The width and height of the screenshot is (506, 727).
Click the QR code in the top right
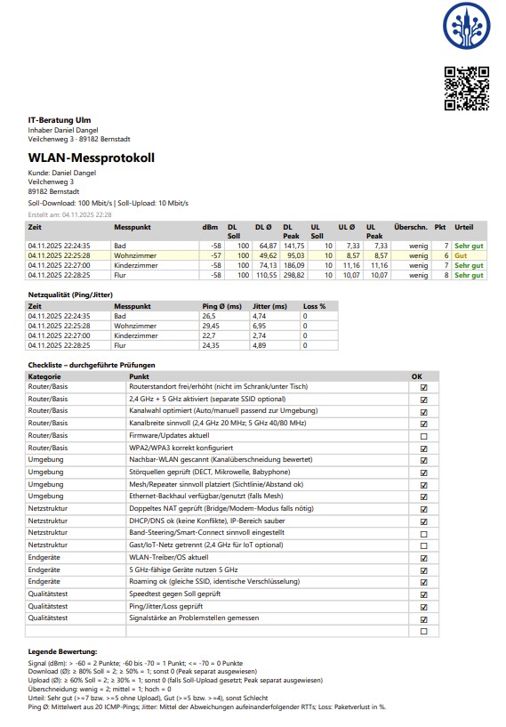466,88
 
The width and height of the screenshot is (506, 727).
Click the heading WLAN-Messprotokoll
92,158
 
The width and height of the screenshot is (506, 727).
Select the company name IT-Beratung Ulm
59,120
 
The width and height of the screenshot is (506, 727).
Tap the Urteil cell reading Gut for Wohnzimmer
461,254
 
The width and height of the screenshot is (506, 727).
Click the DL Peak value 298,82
293,275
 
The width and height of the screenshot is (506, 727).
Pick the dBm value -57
214,254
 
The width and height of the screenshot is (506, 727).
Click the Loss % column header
314,305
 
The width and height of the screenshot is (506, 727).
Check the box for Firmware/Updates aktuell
423,437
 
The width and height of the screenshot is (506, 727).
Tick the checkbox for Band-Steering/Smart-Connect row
423,531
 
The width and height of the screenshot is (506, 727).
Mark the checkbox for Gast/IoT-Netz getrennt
423,544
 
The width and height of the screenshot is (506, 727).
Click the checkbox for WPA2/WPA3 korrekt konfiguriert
423,448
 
